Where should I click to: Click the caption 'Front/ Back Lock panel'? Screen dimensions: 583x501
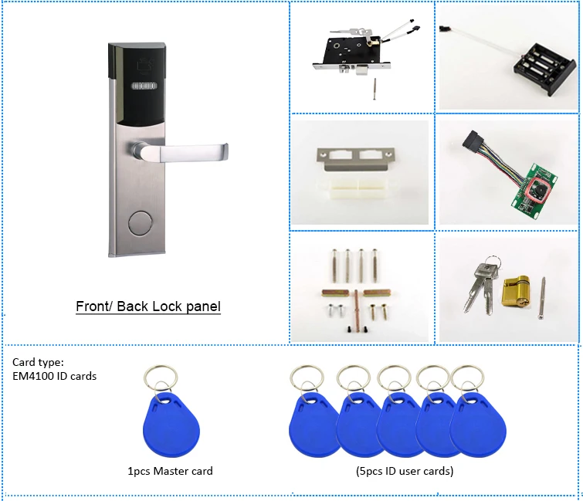click(x=148, y=306)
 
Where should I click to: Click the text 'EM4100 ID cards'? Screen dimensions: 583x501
click(x=55, y=376)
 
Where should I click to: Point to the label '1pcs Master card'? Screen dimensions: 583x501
click(x=170, y=471)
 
